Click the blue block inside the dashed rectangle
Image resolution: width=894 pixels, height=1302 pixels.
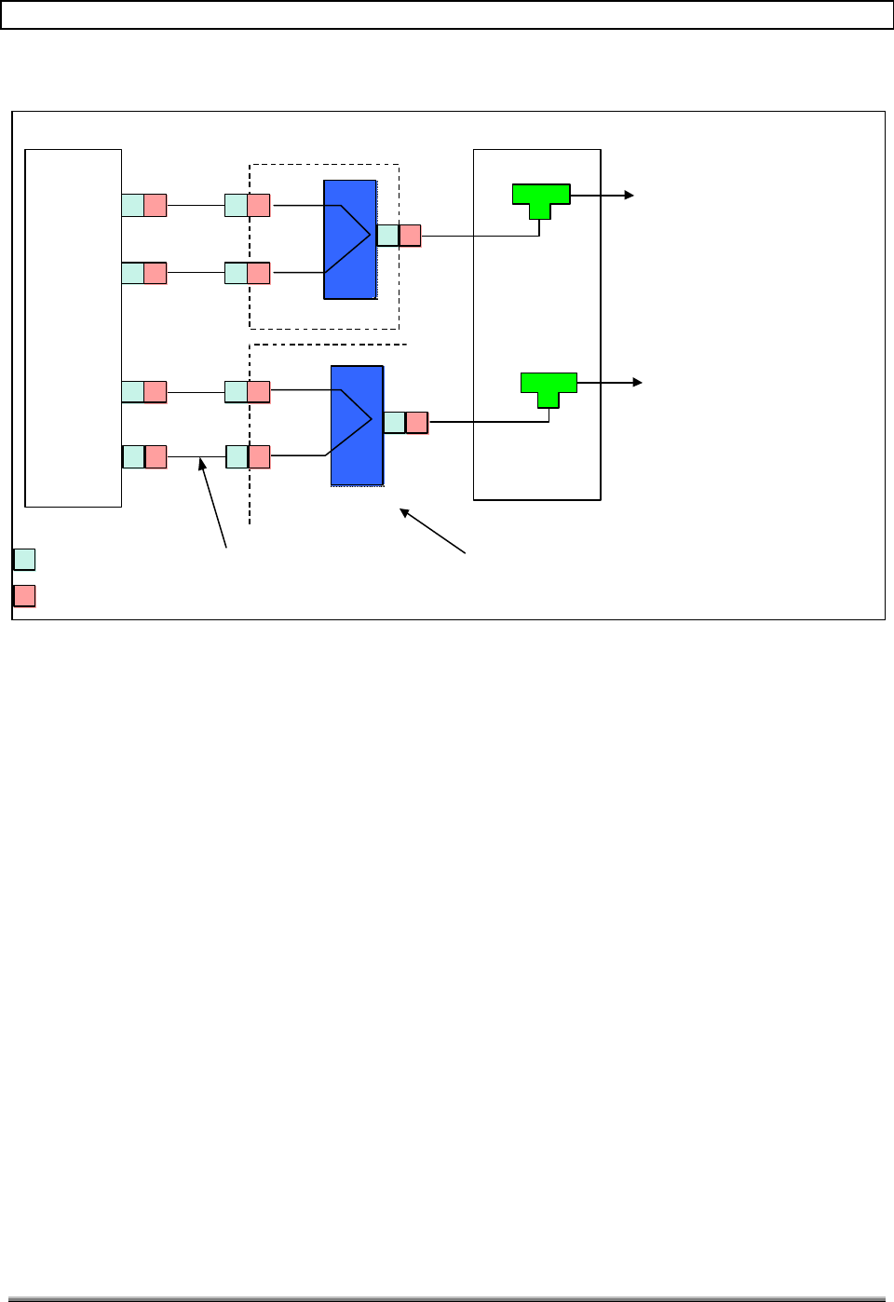coord(349,239)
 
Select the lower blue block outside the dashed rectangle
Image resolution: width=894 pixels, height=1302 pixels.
coord(357,426)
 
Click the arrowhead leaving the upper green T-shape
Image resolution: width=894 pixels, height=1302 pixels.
coord(630,196)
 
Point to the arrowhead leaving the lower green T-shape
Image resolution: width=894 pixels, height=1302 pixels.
coord(639,383)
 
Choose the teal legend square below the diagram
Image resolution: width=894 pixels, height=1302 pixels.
coord(24,560)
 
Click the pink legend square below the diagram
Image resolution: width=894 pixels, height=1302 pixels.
coord(24,596)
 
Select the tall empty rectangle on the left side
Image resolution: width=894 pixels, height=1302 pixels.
coord(73,328)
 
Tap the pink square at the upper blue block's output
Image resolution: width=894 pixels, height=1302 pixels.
coord(410,236)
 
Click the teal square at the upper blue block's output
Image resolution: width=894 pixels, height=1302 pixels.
coord(387,236)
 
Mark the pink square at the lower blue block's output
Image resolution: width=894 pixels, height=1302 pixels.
coord(417,423)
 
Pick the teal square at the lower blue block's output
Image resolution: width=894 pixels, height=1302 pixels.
coord(395,423)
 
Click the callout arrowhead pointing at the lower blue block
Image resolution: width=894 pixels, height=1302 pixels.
coord(403,511)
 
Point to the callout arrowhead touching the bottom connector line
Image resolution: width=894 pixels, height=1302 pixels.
coord(201,463)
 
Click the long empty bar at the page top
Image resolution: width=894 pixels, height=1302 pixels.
coord(446,15)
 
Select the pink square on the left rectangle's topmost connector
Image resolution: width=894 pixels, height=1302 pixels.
coord(156,206)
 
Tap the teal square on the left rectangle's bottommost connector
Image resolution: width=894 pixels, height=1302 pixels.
coord(133,457)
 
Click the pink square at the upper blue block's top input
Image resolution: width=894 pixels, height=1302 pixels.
coord(259,206)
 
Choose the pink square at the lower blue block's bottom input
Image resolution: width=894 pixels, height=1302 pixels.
coord(259,457)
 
